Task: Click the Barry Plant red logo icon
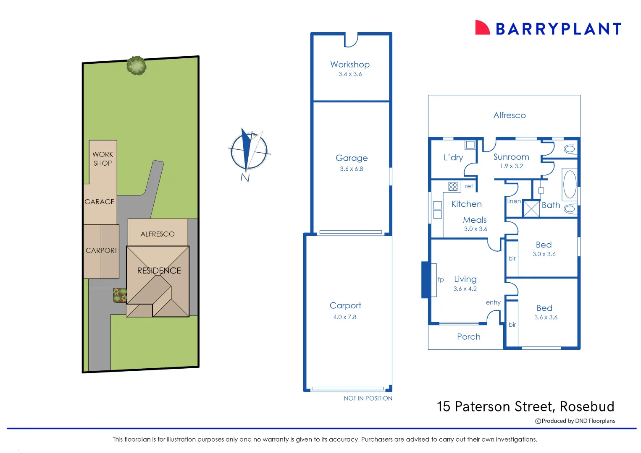coord(482,28)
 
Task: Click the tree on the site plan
coord(137,65)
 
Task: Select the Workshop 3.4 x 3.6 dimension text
coord(350,74)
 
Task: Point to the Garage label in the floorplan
coord(352,158)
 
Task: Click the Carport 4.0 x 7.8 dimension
coord(344,317)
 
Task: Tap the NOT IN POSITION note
coord(368,398)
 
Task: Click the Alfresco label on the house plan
coord(509,115)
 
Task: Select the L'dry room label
coord(453,158)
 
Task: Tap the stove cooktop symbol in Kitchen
coord(453,186)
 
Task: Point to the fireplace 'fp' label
coord(441,279)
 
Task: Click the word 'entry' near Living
coord(493,302)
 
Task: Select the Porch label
coord(468,337)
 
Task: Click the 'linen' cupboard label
coord(514,201)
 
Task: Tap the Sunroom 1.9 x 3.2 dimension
coord(511,166)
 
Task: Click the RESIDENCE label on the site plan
coord(159,271)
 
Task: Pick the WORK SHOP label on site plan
coord(102,159)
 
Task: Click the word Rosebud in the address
coord(587,406)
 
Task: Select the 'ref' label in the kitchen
coord(469,186)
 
